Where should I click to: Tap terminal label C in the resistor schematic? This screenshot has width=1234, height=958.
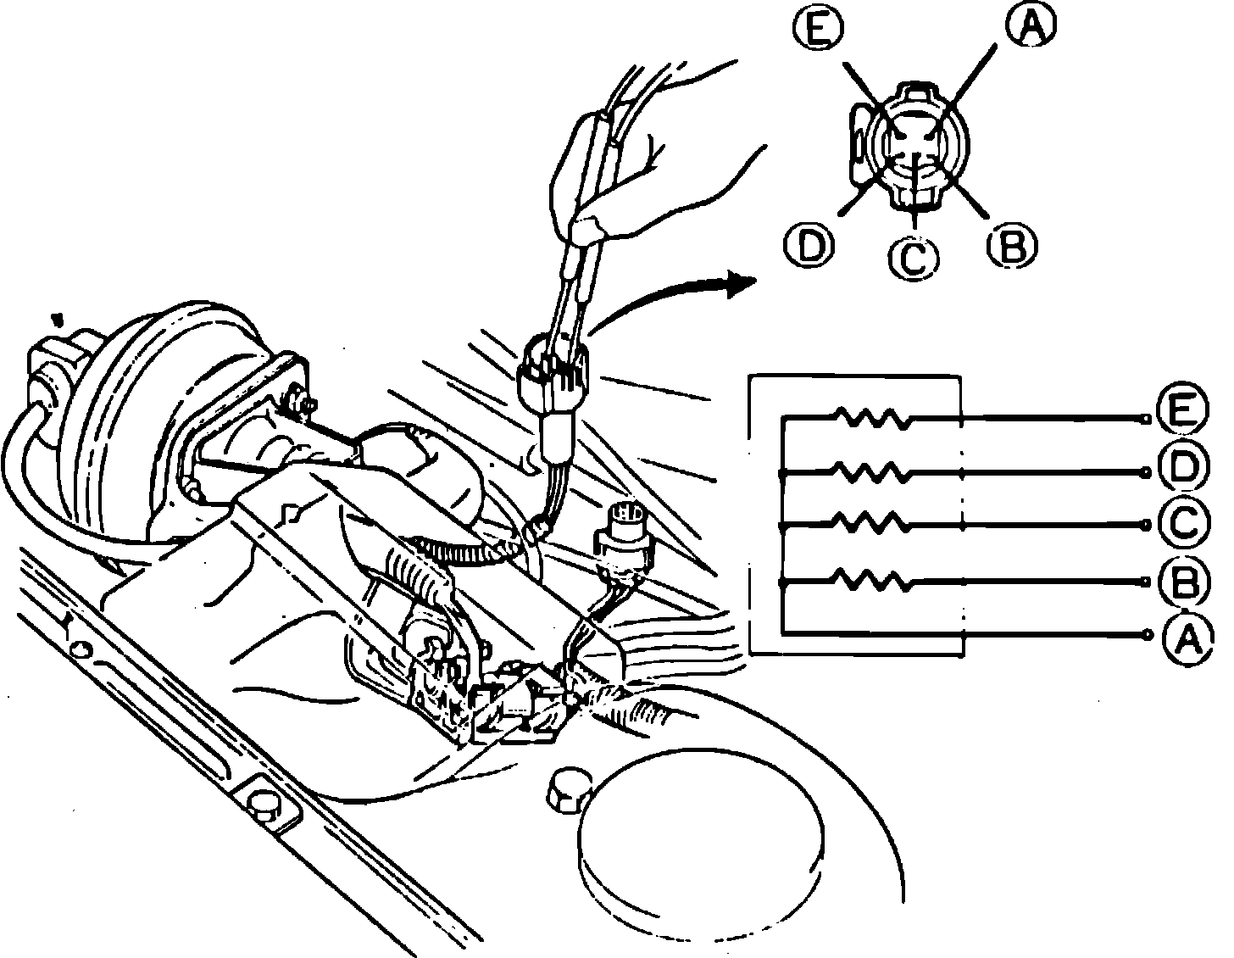tap(1183, 525)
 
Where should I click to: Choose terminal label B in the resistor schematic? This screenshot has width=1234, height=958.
tap(1183, 581)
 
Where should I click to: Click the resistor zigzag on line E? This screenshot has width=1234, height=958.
tap(873, 416)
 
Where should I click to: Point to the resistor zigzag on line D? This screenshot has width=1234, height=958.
tap(873, 471)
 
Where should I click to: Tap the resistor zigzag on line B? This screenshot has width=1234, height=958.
tap(873, 581)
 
